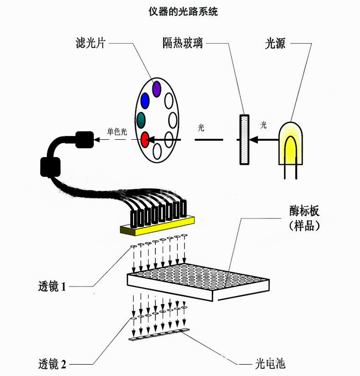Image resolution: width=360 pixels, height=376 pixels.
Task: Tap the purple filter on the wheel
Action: click(x=157, y=88)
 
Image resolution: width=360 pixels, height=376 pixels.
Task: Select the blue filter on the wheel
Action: click(x=145, y=100)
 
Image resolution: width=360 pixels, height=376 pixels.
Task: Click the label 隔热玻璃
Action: click(x=182, y=44)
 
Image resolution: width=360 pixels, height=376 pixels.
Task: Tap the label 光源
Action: click(x=275, y=44)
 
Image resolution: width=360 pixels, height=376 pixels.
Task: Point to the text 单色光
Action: click(x=117, y=131)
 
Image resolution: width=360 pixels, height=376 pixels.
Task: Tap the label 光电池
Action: click(x=270, y=364)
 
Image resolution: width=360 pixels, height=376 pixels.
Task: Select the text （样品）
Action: click(x=304, y=226)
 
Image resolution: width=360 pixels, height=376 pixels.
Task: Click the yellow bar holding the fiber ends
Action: click(x=157, y=226)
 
